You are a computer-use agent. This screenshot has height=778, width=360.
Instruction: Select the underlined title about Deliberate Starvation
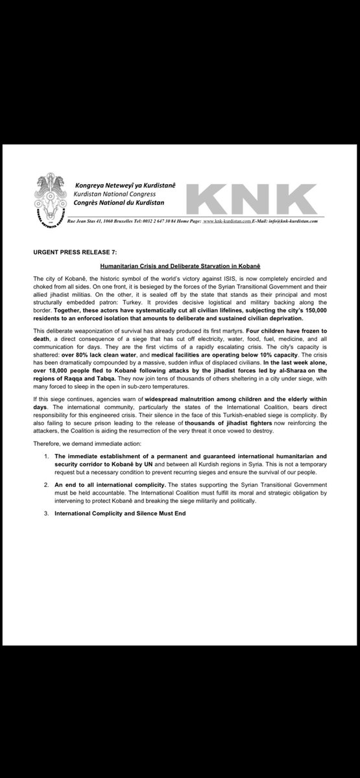coord(179,266)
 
